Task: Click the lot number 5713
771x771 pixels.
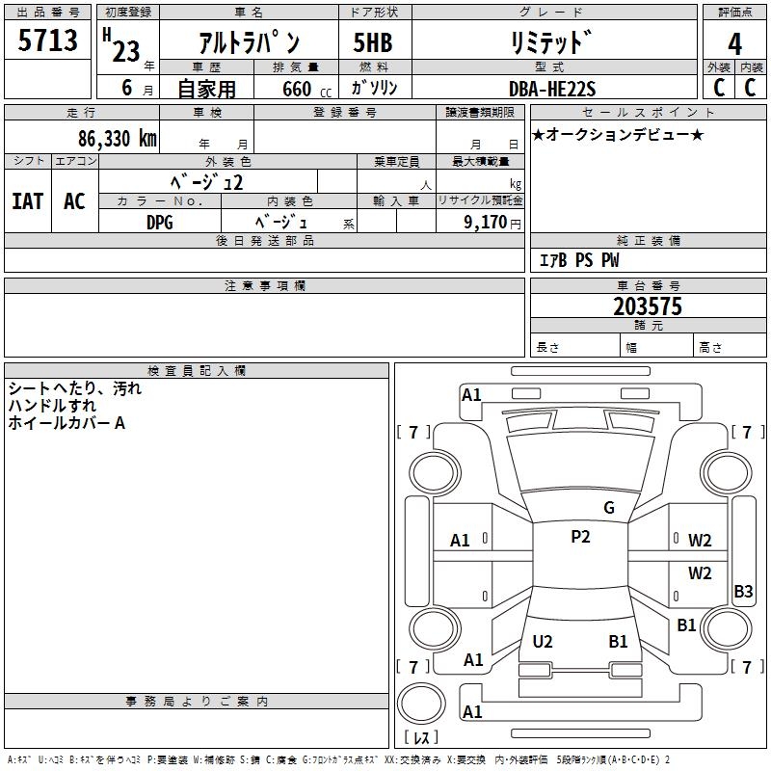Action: [48, 40]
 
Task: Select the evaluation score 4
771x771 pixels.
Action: [735, 43]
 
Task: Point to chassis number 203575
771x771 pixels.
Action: [648, 306]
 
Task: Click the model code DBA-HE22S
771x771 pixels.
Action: [552, 89]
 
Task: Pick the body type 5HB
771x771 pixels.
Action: [372, 43]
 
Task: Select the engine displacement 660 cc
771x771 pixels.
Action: [288, 89]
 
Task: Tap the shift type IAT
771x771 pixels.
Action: [28, 201]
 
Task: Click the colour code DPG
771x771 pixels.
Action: [159, 222]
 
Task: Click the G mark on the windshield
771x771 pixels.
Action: [608, 508]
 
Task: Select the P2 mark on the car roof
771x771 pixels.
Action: [580, 537]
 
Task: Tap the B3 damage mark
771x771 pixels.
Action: [743, 592]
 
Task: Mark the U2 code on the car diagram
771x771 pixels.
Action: [543, 641]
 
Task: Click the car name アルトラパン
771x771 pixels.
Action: [249, 43]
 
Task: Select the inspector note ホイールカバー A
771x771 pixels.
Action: [66, 422]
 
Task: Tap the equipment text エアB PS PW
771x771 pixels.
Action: [578, 260]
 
